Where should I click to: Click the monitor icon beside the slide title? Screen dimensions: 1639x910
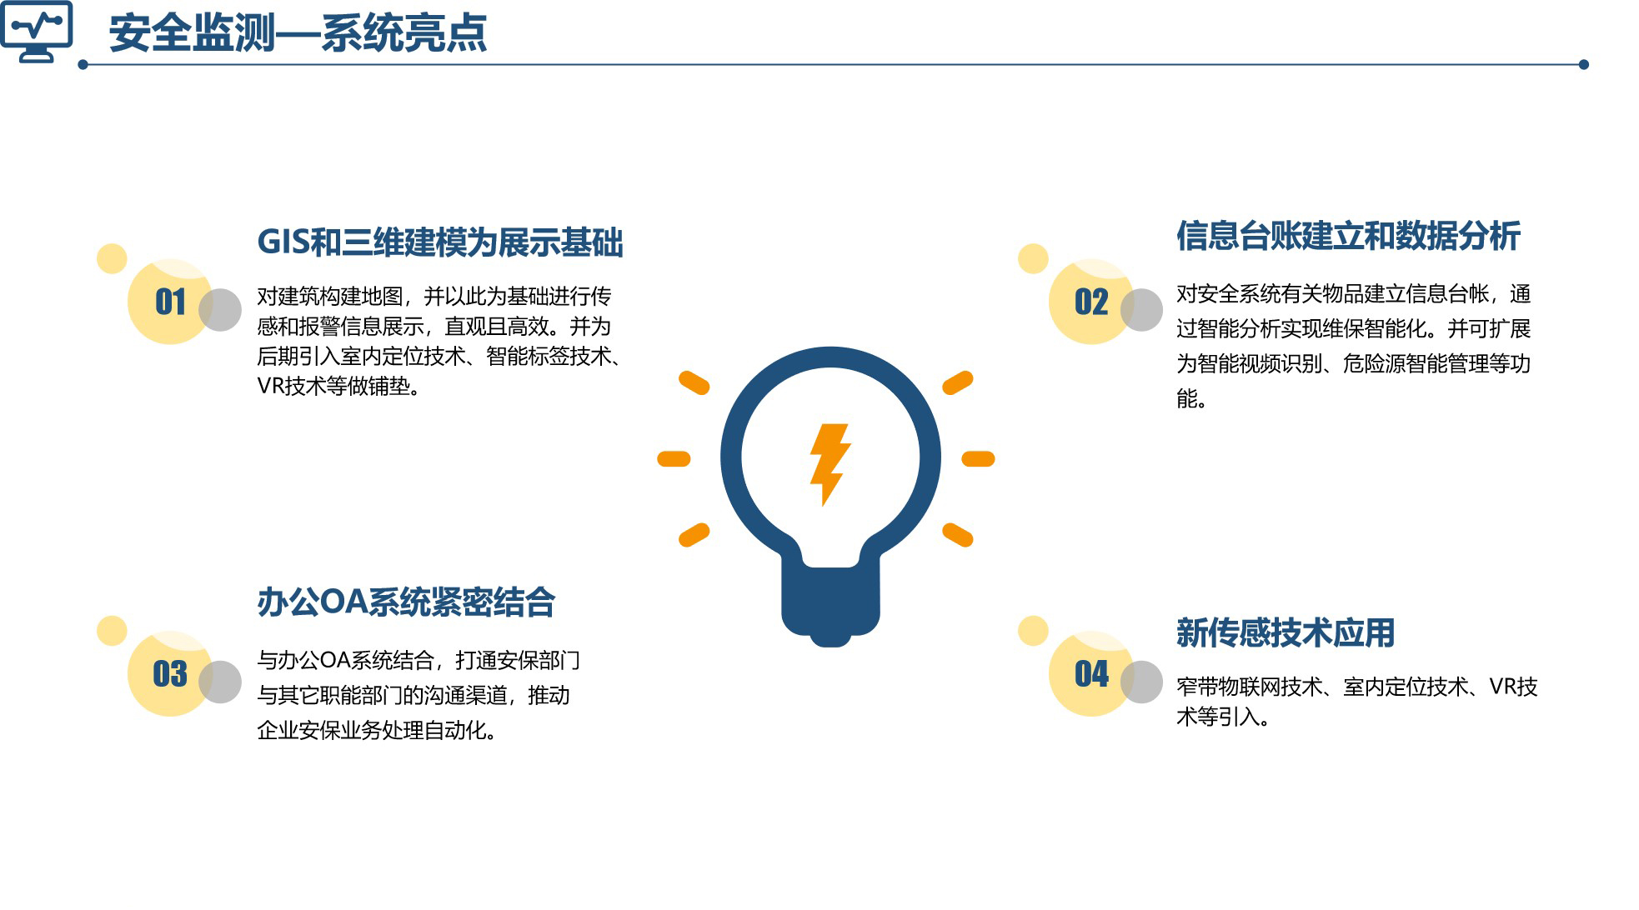pos(37,32)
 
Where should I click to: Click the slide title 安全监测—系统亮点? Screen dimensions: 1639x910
pos(298,34)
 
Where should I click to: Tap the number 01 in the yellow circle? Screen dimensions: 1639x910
pos(170,302)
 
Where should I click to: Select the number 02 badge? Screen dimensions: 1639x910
pos(1091,302)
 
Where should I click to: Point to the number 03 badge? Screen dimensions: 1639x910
pos(170,673)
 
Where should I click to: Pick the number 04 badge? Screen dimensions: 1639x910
pos(1091,673)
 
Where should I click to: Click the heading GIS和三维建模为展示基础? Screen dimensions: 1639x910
pos(440,242)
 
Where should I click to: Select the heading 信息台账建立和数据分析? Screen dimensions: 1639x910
pos(1348,236)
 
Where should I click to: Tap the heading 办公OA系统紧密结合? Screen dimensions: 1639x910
pos(406,602)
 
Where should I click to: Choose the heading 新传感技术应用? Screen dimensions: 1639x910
pos(1286,632)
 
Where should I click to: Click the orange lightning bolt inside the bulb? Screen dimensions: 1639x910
pos(830,464)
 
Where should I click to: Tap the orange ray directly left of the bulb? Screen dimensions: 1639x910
pos(674,458)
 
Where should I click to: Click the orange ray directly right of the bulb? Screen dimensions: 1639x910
pos(978,458)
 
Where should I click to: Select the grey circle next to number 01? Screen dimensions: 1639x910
pos(220,309)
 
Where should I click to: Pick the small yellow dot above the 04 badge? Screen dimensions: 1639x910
pos(1033,631)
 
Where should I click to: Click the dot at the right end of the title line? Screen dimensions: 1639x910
pos(1583,64)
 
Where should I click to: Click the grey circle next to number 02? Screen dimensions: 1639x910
pos(1141,309)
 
